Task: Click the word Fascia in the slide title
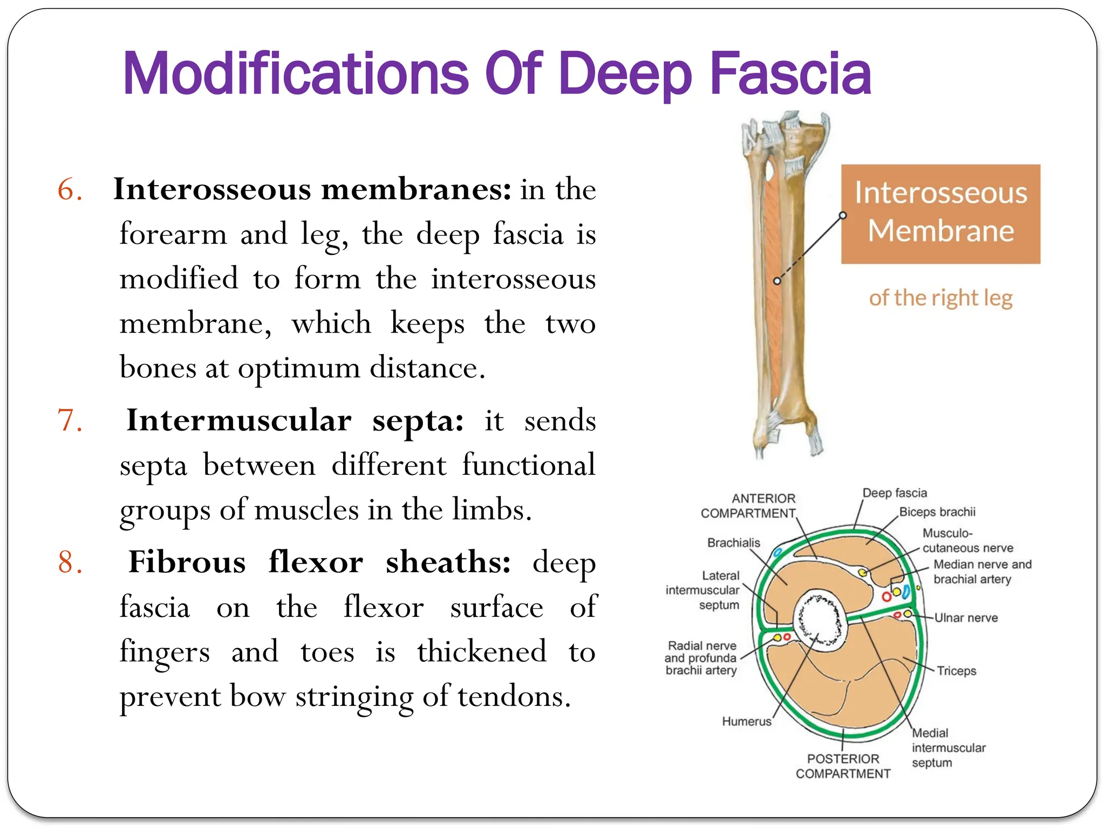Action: [x=790, y=74]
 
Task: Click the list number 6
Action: [x=70, y=190]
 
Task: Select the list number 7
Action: [x=70, y=421]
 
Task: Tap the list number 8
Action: [x=70, y=563]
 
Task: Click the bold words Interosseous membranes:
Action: [x=312, y=190]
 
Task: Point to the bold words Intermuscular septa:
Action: [x=295, y=421]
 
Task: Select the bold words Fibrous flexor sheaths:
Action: [x=319, y=563]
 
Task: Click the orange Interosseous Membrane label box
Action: [x=940, y=214]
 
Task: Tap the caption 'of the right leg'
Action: [x=940, y=298]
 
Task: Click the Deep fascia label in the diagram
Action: [x=895, y=493]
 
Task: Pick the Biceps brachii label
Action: [x=937, y=512]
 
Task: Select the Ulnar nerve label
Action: [x=966, y=618]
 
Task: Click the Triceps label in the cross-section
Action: [x=956, y=671]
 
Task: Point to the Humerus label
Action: [x=747, y=722]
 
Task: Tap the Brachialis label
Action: [x=733, y=543]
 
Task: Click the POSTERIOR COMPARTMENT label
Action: [x=843, y=766]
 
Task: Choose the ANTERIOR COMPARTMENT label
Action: [x=748, y=506]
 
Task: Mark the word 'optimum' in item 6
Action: [x=299, y=369]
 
